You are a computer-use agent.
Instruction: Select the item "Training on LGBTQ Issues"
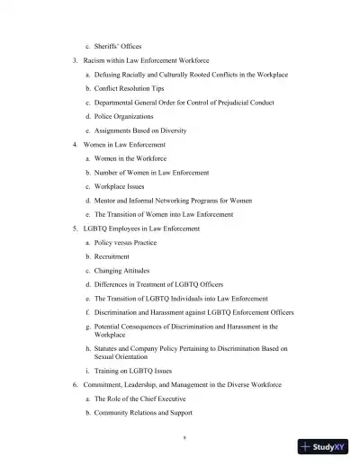point(136,371)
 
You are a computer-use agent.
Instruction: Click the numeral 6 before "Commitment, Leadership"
point(75,384)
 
